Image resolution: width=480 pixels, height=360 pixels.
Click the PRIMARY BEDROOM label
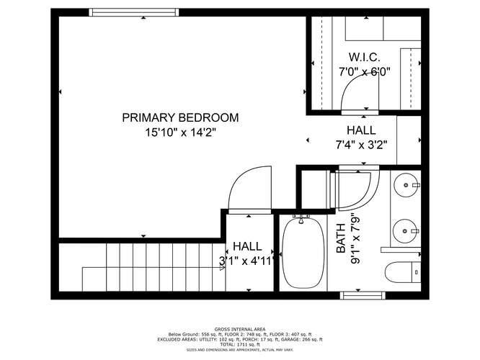[180, 117]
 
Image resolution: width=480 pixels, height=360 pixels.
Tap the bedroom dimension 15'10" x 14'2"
[180, 132]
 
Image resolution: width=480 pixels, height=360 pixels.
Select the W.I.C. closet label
[365, 57]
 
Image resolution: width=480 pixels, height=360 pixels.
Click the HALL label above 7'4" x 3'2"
[361, 130]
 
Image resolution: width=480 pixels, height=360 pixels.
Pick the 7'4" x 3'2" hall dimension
[361, 144]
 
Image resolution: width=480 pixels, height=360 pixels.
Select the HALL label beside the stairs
[247, 247]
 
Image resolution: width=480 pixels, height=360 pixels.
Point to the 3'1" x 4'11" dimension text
[247, 261]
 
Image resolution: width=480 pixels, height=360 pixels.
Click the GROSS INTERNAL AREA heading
[239, 328]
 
